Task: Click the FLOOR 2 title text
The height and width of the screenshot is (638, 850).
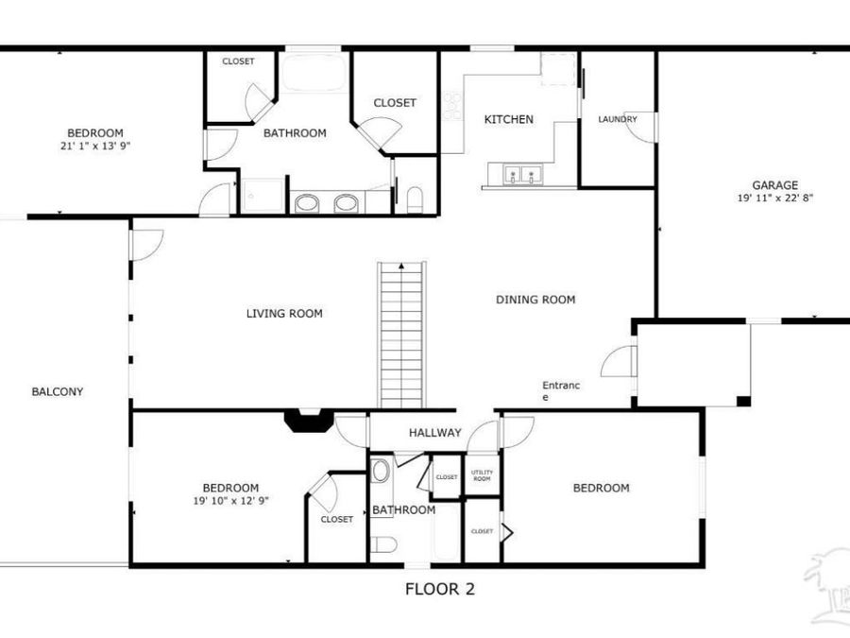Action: click(439, 590)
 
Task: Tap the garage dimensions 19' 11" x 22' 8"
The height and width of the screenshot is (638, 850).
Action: click(774, 198)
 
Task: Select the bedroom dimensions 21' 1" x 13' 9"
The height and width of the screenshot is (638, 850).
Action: click(94, 147)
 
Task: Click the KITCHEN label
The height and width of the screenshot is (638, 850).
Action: click(508, 119)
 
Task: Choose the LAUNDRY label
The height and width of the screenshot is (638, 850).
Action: click(617, 119)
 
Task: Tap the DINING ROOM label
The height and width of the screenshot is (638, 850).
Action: click(535, 300)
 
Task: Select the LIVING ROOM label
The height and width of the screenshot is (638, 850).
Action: click(283, 314)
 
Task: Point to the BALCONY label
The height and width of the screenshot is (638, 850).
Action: click(57, 391)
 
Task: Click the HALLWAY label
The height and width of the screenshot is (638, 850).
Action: click(434, 433)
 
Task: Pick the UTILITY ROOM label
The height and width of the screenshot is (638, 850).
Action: click(482, 476)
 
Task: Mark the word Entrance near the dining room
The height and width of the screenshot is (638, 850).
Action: click(560, 390)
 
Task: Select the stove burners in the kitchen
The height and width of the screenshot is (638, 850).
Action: click(452, 105)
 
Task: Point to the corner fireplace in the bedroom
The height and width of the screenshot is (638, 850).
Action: click(309, 421)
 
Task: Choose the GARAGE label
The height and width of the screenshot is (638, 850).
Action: click(774, 185)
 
